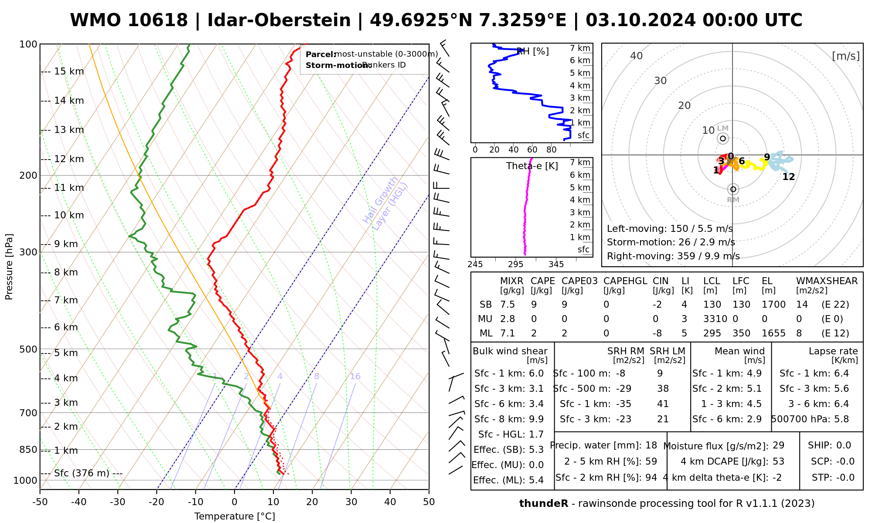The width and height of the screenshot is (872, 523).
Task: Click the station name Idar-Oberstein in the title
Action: click(x=279, y=20)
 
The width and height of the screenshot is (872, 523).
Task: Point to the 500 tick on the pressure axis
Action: click(x=29, y=350)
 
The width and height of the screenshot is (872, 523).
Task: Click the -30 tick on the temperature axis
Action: click(x=118, y=502)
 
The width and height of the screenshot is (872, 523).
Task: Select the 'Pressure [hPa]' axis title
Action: click(x=9, y=267)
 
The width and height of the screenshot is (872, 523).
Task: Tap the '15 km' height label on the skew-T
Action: click(x=69, y=71)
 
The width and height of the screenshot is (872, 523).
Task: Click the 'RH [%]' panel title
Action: click(x=532, y=51)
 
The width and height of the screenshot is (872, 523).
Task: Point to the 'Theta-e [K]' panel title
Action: click(x=532, y=166)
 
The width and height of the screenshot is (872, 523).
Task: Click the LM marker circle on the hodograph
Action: click(x=723, y=139)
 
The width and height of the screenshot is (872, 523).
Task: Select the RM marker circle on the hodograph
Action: click(x=733, y=189)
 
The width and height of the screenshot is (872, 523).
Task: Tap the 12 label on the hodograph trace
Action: click(x=789, y=177)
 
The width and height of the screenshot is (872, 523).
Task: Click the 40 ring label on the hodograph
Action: click(x=637, y=56)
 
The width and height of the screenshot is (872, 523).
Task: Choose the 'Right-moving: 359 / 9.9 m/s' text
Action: click(x=673, y=256)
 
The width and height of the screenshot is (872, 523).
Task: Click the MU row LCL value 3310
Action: click(x=715, y=319)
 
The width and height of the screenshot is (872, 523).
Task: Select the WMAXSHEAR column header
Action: click(x=827, y=281)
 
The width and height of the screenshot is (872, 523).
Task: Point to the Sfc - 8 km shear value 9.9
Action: click(x=536, y=419)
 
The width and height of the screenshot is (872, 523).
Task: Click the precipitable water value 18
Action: click(x=651, y=445)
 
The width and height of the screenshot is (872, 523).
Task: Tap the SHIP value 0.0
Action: click(x=844, y=445)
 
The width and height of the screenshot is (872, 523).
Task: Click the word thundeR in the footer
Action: click(x=544, y=504)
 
